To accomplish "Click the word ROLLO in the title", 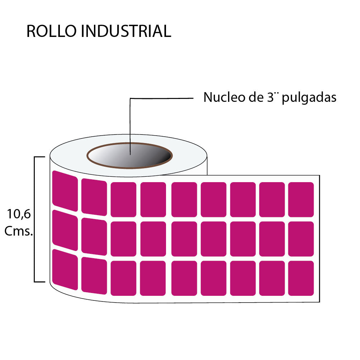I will pyautogui.click(x=51, y=32).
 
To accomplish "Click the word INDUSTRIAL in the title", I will pyautogui.click(x=126, y=32).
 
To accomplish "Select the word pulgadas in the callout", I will pyautogui.click(x=309, y=98).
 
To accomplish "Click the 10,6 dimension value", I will pyautogui.click(x=19, y=214).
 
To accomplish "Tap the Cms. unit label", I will pyautogui.click(x=19, y=231).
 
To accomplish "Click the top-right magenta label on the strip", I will pyautogui.click(x=301, y=199).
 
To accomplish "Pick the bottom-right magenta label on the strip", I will pyautogui.click(x=301, y=278).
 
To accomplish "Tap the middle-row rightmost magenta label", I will pyautogui.click(x=301, y=239).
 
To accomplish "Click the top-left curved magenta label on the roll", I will pyautogui.click(x=65, y=191).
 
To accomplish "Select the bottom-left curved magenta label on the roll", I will pyautogui.click(x=65, y=269).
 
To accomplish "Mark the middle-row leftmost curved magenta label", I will pyautogui.click(x=65, y=230).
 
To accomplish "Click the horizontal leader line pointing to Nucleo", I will pyautogui.click(x=161, y=98).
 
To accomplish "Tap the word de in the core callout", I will pyautogui.click(x=254, y=97).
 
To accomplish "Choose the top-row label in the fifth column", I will pyautogui.click(x=184, y=199).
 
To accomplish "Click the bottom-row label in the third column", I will pyautogui.click(x=123, y=278).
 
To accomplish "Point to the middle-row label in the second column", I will pyautogui.click(x=94, y=236).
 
